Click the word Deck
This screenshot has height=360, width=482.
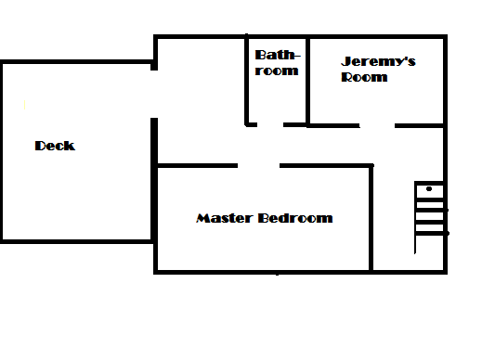[55, 146]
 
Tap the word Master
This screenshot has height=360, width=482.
[225, 219]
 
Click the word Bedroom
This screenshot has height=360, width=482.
[295, 219]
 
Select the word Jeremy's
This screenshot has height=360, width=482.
[378, 62]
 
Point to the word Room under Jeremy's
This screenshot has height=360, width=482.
[364, 77]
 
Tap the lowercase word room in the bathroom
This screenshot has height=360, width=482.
[277, 71]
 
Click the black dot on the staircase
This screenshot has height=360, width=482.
[429, 189]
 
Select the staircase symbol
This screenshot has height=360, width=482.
[430, 218]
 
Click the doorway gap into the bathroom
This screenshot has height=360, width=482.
[270, 124]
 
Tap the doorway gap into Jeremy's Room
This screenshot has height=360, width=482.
[377, 125]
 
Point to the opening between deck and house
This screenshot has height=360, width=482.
[155, 93]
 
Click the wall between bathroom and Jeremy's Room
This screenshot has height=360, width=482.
[307, 81]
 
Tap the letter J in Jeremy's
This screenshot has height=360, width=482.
[345, 62]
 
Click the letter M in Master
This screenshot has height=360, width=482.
[202, 219]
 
